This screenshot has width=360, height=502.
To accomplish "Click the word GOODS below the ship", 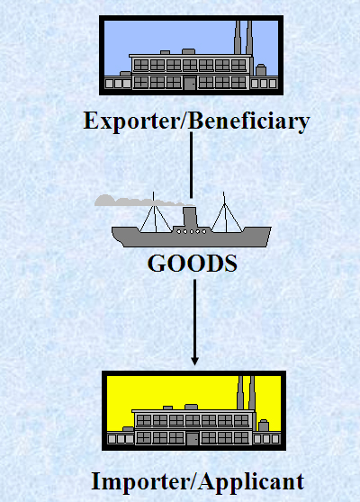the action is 193,264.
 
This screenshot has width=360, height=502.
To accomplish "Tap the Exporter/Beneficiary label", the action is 196,121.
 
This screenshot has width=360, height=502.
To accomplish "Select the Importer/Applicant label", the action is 198,481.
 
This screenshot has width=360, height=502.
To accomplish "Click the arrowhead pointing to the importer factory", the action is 194,361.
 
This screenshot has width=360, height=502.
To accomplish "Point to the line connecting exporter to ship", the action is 191,166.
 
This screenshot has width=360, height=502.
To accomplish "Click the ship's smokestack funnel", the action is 190,217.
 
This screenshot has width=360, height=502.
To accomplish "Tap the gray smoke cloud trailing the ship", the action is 141,201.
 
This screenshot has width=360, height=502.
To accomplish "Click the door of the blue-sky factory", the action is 190,83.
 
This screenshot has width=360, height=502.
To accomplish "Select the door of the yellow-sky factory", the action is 193,438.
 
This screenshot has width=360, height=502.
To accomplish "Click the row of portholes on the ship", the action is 191,231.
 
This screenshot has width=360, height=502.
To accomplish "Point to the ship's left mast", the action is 155,212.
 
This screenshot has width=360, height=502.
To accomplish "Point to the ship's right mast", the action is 226,212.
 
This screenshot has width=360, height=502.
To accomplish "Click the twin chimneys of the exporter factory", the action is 243,38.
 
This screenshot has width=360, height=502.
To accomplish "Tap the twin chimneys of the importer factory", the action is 246,392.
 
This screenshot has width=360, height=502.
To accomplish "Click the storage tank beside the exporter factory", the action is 261,70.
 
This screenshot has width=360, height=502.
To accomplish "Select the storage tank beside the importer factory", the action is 264,426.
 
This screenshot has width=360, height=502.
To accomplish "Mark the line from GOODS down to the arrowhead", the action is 194,318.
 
